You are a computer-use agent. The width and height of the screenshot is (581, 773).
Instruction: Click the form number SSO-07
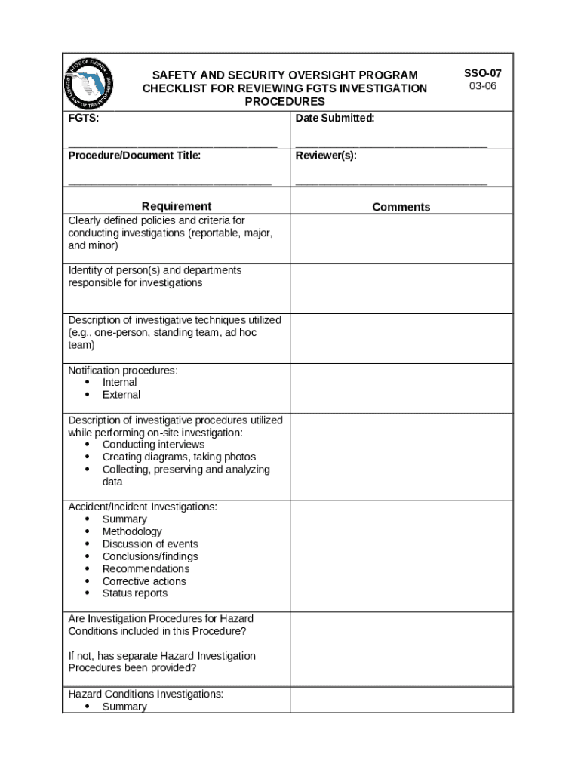click(x=482, y=73)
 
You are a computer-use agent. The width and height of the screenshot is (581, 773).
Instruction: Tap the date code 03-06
click(x=482, y=86)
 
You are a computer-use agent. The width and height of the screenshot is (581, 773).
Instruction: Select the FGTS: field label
click(x=83, y=119)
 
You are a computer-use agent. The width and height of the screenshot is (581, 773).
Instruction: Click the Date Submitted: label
click(x=335, y=119)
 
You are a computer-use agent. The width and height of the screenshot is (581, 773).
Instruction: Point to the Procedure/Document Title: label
click(x=134, y=156)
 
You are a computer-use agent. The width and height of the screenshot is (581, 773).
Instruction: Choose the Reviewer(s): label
click(x=326, y=156)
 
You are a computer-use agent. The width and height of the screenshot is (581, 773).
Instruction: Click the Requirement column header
click(x=177, y=206)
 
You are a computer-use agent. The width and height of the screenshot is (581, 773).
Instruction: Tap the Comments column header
click(x=401, y=207)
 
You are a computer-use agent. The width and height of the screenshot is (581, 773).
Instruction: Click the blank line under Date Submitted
click(x=391, y=144)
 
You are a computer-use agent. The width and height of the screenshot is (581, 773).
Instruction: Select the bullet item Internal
click(x=119, y=382)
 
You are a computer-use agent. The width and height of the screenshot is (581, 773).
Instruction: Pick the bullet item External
click(x=121, y=394)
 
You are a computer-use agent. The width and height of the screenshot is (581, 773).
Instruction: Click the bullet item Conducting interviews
click(x=153, y=445)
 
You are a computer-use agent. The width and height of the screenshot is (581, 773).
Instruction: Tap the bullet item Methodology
click(x=132, y=531)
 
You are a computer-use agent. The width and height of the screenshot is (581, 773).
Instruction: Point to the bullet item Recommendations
click(x=146, y=568)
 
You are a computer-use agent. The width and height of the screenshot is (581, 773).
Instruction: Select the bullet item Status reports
click(x=135, y=593)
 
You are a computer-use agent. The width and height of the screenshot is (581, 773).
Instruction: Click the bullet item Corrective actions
click(x=143, y=581)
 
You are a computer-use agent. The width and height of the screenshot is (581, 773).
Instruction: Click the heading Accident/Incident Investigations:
click(x=143, y=507)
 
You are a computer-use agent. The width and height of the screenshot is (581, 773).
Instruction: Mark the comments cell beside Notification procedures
click(x=401, y=388)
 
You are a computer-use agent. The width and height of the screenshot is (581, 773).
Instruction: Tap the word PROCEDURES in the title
click(x=284, y=101)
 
